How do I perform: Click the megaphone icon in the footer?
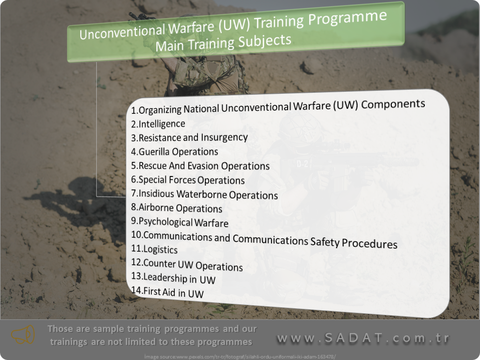(23, 335)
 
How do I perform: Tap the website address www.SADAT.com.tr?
(363, 337)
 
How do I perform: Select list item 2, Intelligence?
(158, 124)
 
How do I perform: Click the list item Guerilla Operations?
(174, 151)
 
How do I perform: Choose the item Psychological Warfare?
(180, 222)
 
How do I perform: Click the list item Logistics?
(154, 249)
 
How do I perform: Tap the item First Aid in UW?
(167, 292)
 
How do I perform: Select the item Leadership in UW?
(173, 278)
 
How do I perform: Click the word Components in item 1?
(393, 104)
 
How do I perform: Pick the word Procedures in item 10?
(369, 243)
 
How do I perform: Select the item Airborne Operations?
(177, 208)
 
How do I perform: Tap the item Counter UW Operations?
(187, 264)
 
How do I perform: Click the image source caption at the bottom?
(240, 356)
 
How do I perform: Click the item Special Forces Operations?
(188, 180)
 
